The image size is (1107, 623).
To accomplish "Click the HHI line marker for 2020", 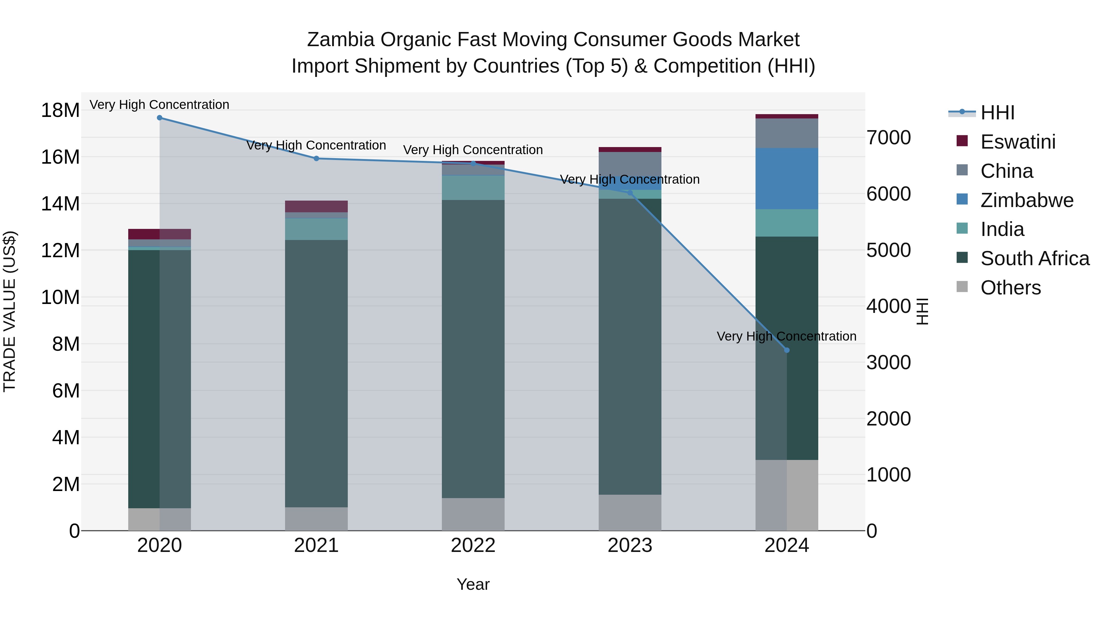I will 159,118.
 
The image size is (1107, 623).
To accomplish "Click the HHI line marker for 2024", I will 787,350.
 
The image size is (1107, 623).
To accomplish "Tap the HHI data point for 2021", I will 316,159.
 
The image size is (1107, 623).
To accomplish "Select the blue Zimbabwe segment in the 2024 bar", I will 787,179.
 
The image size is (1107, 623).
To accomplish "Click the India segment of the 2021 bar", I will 316,229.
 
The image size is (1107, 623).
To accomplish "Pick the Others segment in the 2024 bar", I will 787,495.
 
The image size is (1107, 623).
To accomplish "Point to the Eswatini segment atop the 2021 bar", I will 316,206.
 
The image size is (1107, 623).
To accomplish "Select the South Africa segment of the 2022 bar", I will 473,348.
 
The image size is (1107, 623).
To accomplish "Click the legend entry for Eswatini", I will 1018,142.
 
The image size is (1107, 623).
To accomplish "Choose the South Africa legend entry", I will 1034,258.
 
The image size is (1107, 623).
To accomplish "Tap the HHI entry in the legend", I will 997,113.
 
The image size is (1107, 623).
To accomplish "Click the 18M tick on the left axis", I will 60,110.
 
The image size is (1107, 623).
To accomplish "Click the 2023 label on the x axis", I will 630,545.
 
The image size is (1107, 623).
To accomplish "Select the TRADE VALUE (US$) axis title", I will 10,311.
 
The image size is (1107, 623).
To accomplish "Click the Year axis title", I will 473,584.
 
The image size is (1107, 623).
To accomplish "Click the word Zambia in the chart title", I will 340,40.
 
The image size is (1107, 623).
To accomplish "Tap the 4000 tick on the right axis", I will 888,306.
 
